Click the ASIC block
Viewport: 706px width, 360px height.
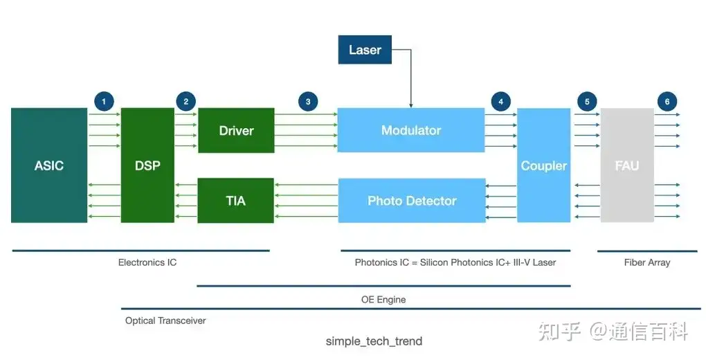pyautogui.click(x=49, y=165)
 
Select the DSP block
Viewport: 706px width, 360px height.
pyautogui.click(x=147, y=165)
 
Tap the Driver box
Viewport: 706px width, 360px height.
pyautogui.click(x=236, y=130)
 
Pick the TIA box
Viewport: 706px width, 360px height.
pyautogui.click(x=235, y=201)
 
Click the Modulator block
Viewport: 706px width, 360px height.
pyautogui.click(x=411, y=130)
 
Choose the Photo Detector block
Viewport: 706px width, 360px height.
pyautogui.click(x=412, y=201)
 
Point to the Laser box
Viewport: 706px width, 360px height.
pyautogui.click(x=365, y=50)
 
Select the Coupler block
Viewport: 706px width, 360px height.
pyautogui.click(x=544, y=165)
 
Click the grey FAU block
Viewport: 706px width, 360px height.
pyautogui.click(x=627, y=165)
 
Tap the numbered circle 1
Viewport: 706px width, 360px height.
pyautogui.click(x=104, y=102)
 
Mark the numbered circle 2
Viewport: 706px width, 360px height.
pyautogui.click(x=185, y=102)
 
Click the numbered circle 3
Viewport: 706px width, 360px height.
pyautogui.click(x=308, y=102)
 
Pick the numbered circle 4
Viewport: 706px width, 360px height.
pyautogui.click(x=500, y=102)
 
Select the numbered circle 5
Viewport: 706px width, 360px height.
pyautogui.click(x=587, y=102)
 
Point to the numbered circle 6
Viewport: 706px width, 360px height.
pyautogui.click(x=667, y=102)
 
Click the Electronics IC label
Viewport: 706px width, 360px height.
pyautogui.click(x=147, y=262)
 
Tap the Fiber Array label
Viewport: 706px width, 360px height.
pyautogui.click(x=647, y=262)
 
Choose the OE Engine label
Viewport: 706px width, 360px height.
pyautogui.click(x=383, y=300)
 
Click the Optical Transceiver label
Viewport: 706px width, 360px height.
pyautogui.click(x=165, y=321)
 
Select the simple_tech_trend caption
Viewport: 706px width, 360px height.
pyautogui.click(x=374, y=341)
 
